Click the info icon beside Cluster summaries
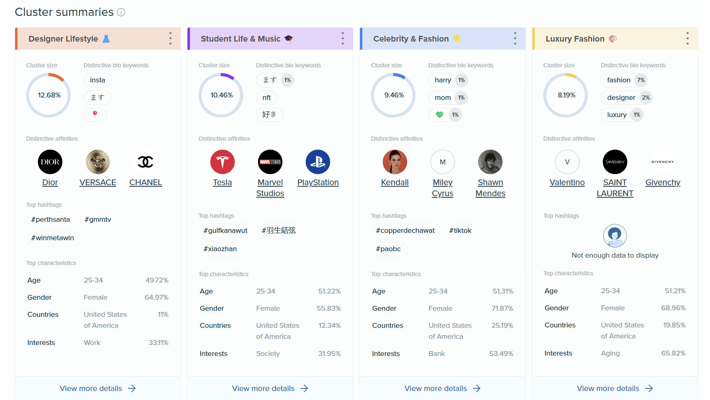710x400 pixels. [x=121, y=12]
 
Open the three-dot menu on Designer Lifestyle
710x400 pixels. [x=170, y=39]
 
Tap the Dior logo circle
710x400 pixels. [x=50, y=162]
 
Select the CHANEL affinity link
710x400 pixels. [x=146, y=183]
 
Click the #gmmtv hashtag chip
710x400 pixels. [x=98, y=220]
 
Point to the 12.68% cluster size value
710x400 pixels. [x=49, y=95]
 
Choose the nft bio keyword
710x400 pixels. [x=267, y=97]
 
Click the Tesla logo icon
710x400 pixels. [x=222, y=162]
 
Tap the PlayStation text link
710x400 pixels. [x=318, y=183]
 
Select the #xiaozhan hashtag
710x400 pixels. [x=220, y=249]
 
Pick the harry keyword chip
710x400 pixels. [x=443, y=80]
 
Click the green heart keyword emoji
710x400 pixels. [x=439, y=115]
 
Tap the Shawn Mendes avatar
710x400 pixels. [x=490, y=162]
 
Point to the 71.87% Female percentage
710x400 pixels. [x=502, y=309]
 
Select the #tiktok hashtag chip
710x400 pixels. [x=460, y=231]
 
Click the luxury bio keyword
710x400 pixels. [x=617, y=115]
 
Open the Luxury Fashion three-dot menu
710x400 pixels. [x=687, y=39]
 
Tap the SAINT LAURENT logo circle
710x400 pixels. [x=615, y=162]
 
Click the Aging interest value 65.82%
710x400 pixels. [x=673, y=354]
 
